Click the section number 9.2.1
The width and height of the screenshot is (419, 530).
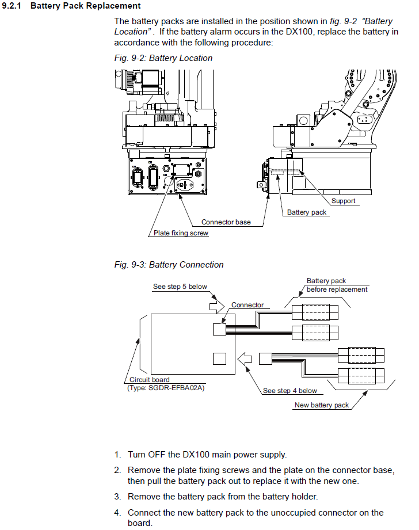pyautogui.click(x=12, y=6)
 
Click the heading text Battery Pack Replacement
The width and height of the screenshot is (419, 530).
pyautogui.click(x=86, y=6)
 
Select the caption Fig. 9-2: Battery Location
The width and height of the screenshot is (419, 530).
pyautogui.click(x=163, y=58)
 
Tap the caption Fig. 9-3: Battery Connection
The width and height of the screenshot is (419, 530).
pyautogui.click(x=169, y=265)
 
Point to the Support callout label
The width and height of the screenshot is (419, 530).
pyautogui.click(x=343, y=201)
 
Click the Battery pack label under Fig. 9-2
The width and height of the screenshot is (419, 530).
pyautogui.click(x=307, y=212)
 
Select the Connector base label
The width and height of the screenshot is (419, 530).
pyautogui.click(x=226, y=222)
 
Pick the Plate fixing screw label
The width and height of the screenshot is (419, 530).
pyautogui.click(x=181, y=233)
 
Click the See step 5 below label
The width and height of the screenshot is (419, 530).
pyautogui.click(x=180, y=287)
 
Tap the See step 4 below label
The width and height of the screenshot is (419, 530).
pyautogui.click(x=290, y=391)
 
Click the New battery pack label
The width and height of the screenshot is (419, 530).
pyautogui.click(x=322, y=405)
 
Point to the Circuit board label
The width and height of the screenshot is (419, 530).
pyautogui.click(x=150, y=380)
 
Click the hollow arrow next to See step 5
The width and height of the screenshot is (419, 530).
pyautogui.click(x=217, y=307)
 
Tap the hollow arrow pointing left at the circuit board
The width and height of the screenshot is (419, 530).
pyautogui.click(x=245, y=359)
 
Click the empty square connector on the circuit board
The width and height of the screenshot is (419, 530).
pyautogui.click(x=219, y=359)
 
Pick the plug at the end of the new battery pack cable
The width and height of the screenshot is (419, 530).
pyautogui.click(x=265, y=359)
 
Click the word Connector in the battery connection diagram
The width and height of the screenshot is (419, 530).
pyautogui.click(x=247, y=305)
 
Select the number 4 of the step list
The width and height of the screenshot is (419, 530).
pyautogui.click(x=117, y=513)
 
